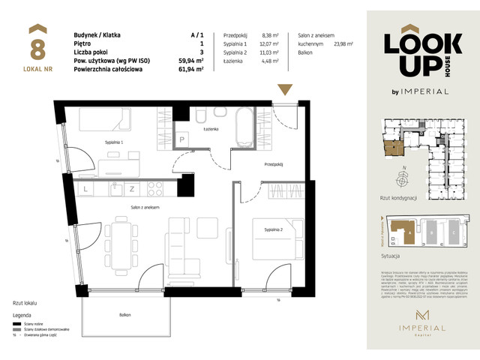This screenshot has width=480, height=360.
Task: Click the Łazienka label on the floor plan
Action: (209, 130)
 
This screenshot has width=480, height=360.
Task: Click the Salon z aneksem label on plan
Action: (144, 206)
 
